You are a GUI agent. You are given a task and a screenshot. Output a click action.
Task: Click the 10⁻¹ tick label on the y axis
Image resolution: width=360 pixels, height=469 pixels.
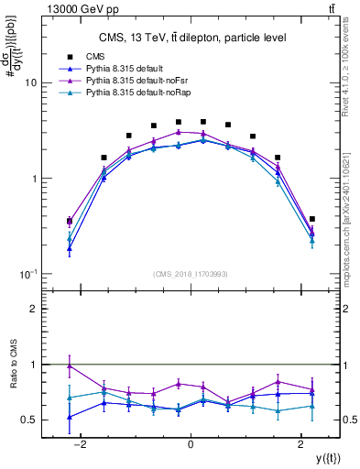point(27,274)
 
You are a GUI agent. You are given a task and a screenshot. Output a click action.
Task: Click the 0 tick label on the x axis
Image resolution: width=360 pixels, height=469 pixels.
point(191,444)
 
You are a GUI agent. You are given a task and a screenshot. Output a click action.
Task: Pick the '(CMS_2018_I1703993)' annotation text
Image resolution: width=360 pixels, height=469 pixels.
point(191,273)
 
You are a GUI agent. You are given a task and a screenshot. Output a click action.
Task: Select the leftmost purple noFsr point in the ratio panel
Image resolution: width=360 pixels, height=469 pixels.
point(70,365)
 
